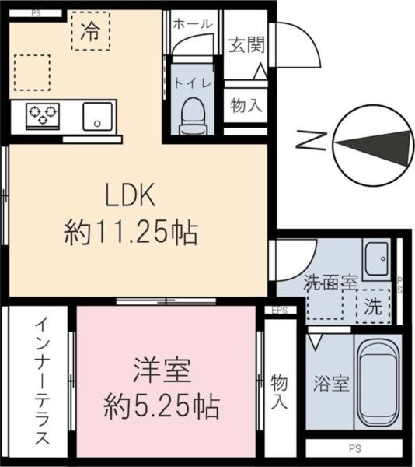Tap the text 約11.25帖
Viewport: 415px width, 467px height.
point(130,231)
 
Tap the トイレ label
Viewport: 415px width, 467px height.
point(189,80)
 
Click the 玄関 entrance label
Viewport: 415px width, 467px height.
point(246,44)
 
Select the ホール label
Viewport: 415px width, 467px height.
point(192,23)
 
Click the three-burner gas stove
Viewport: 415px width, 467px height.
point(43,115)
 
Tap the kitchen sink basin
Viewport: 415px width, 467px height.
point(97,115)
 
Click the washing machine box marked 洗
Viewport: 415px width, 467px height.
point(374,305)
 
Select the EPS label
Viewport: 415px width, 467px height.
point(278,311)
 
